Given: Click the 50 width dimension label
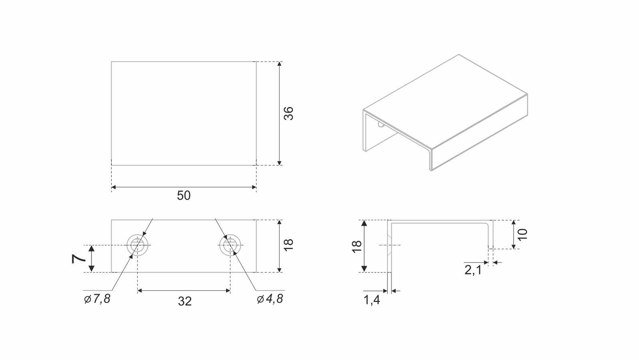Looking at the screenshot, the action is click(x=184, y=195).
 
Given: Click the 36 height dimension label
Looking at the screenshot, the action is click(x=289, y=113).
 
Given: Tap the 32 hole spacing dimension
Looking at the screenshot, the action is click(x=185, y=302).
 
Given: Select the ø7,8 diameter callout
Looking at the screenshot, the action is click(x=97, y=299).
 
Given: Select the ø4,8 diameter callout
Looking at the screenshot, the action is click(x=270, y=299).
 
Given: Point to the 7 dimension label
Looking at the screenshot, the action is click(x=78, y=259).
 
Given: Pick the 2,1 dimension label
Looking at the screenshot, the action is click(x=473, y=270).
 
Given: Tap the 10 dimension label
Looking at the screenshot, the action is click(x=523, y=235).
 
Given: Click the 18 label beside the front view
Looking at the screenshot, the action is click(x=289, y=245).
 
